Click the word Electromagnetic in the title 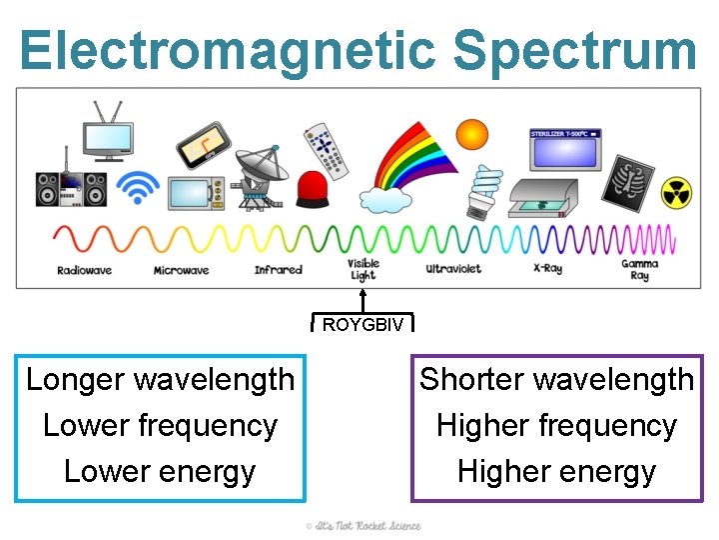tap(226, 50)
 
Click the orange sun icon tap(472, 134)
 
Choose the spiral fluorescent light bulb tap(485, 190)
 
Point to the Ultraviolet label tap(453, 269)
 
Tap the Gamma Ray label tap(639, 270)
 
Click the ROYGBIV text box tap(362, 324)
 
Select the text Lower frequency tap(160, 426)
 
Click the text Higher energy tap(556, 472)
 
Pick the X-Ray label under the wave tap(547, 269)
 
